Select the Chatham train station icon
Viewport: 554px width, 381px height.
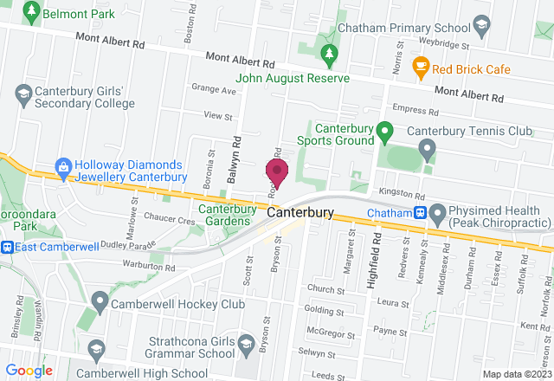tap(419, 212)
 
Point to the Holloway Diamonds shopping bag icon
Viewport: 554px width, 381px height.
tap(62, 165)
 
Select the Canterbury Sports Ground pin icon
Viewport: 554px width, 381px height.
tap(387, 132)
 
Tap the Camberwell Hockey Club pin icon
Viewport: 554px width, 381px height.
tap(100, 303)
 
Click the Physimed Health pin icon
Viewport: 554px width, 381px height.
tap(438, 212)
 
